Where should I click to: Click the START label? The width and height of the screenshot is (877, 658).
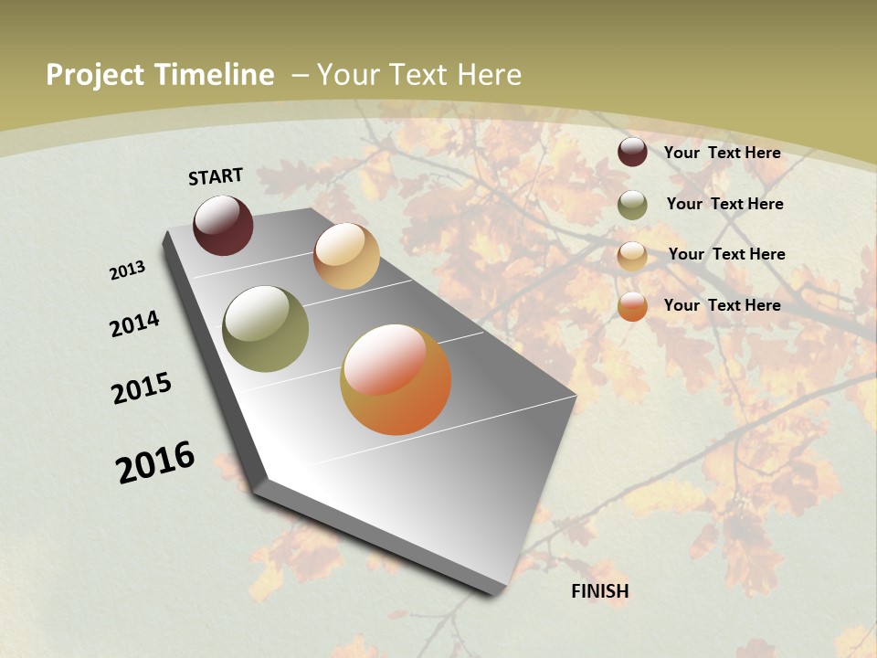click(x=216, y=176)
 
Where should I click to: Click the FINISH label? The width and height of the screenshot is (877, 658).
click(x=600, y=591)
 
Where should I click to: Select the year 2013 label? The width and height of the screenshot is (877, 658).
click(x=128, y=271)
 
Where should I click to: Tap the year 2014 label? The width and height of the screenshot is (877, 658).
click(x=135, y=324)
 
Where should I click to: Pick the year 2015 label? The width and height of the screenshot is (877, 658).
click(x=142, y=388)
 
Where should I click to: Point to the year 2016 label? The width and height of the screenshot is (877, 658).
click(x=155, y=462)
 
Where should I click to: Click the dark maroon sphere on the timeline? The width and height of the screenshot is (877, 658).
click(x=223, y=225)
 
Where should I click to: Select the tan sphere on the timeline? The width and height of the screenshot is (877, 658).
click(x=346, y=256)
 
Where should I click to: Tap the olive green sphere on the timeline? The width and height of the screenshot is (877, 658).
click(x=265, y=328)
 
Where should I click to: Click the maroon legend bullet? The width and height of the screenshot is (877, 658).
click(x=632, y=152)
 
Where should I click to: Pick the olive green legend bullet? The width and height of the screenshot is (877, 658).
click(x=632, y=205)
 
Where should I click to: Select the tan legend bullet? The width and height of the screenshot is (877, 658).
click(x=632, y=256)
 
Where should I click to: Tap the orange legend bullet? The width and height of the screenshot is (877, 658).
click(x=632, y=307)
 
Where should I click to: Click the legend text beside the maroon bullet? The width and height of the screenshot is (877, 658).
click(x=722, y=153)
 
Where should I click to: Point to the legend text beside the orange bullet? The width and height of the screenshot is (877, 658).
click(x=722, y=305)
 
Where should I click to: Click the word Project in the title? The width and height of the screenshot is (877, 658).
click(x=96, y=75)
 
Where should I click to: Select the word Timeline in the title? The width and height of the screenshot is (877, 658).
click(x=214, y=75)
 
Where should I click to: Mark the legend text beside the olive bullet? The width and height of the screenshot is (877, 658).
click(x=724, y=204)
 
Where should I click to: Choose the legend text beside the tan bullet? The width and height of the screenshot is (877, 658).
click(x=726, y=254)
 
